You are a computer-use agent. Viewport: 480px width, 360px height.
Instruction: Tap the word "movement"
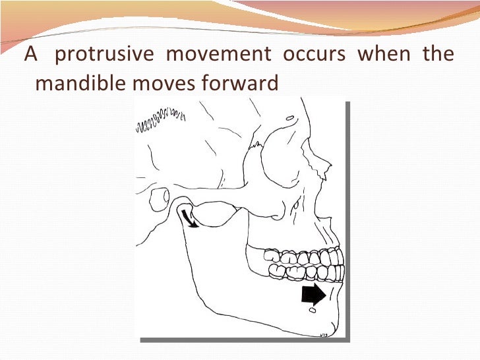(x=218, y=55)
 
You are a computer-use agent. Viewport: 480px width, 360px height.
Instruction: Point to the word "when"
(x=384, y=55)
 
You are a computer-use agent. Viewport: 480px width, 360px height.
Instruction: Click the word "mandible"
(x=73, y=84)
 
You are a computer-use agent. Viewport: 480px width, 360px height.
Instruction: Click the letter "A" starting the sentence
(x=30, y=55)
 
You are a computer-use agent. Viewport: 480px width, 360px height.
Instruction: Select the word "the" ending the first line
(x=438, y=55)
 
